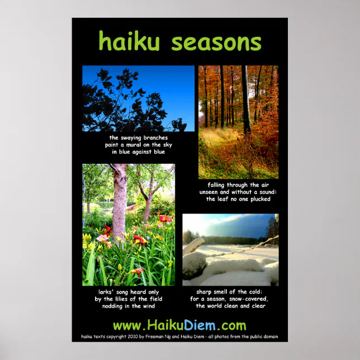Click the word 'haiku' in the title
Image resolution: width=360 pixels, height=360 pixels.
tap(130, 42)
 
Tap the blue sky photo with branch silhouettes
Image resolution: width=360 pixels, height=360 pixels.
tap(138, 98)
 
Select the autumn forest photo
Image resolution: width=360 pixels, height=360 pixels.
tap(238, 121)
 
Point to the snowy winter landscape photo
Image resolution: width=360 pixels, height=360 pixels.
tap(230, 249)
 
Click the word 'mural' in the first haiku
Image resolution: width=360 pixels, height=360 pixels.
tap(136, 145)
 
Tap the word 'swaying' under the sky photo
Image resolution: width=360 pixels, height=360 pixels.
tap(130, 138)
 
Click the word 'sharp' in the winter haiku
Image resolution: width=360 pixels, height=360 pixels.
tap(206, 292)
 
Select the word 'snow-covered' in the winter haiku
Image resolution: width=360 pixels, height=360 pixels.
tap(249, 299)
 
